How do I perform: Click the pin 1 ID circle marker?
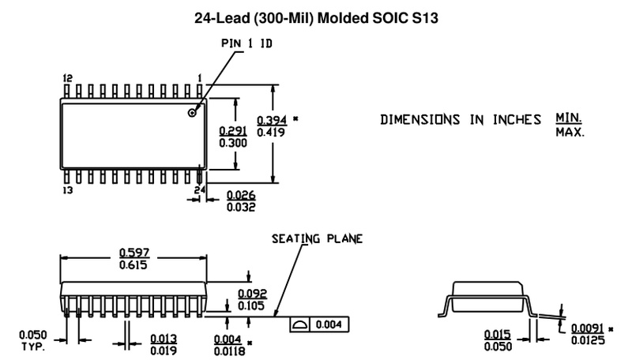(x=191, y=114)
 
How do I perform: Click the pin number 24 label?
(x=201, y=190)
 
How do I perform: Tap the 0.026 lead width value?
(x=240, y=194)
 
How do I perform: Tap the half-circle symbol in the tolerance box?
(x=300, y=325)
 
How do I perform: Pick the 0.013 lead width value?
(x=164, y=338)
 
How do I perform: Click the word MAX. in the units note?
(x=569, y=132)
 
